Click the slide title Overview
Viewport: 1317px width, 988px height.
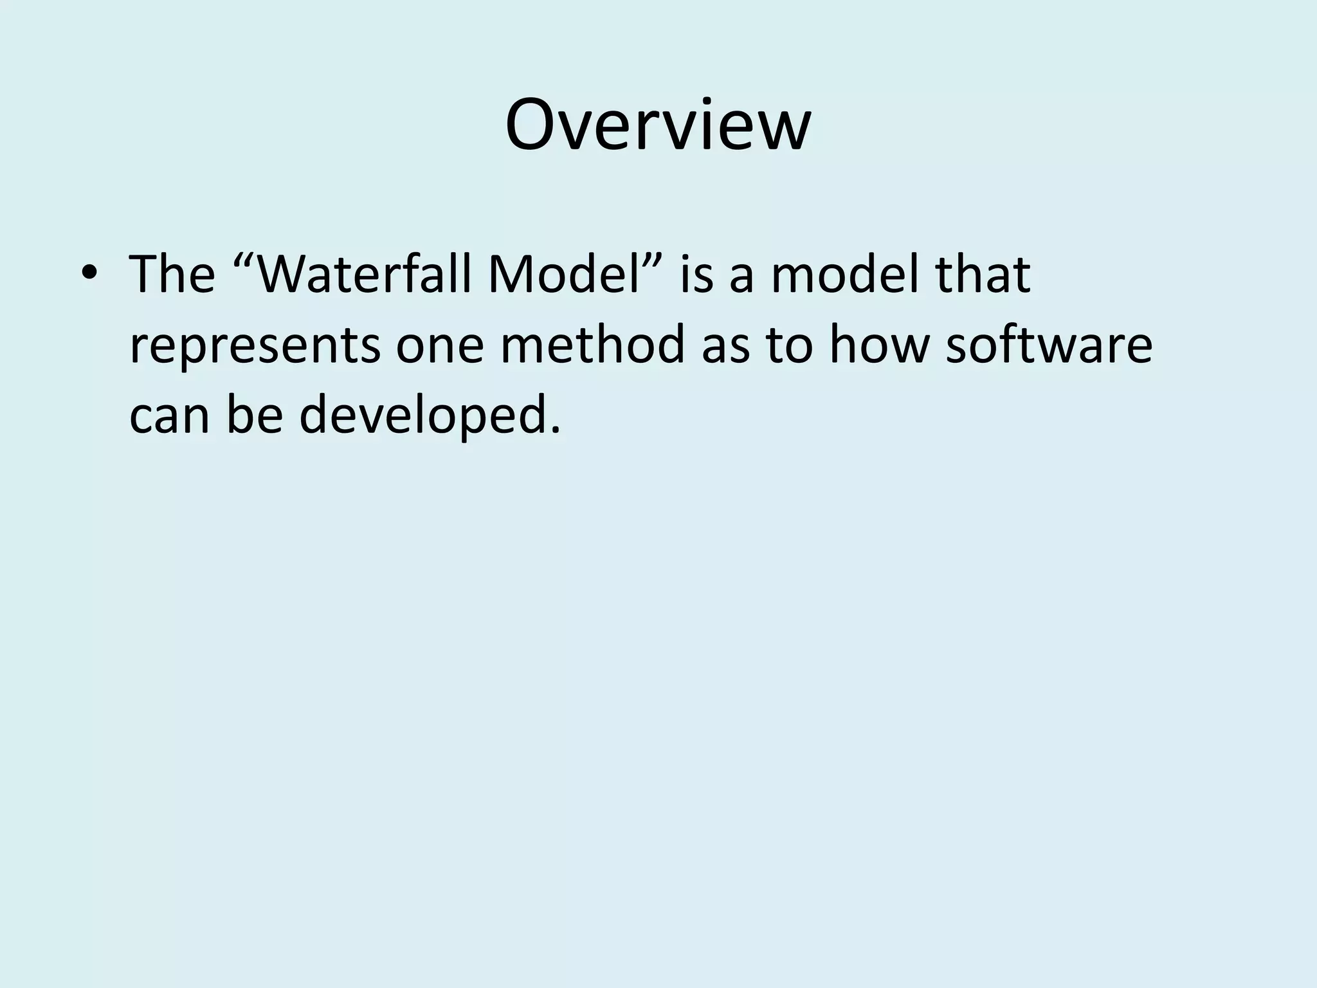[658, 125]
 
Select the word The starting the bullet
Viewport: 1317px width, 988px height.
[172, 274]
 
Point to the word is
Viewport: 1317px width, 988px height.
[696, 274]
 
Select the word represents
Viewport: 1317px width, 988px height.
[255, 346]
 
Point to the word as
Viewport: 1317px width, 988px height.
[726, 346]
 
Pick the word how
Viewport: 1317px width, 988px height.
[879, 345]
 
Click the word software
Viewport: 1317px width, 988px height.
[1049, 345]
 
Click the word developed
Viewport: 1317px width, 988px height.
[424, 417]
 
